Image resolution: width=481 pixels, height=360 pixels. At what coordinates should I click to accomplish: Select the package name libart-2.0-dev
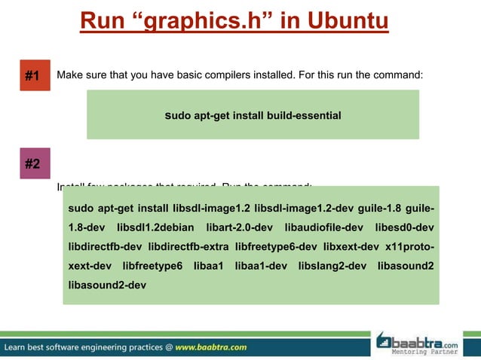pos(239,227)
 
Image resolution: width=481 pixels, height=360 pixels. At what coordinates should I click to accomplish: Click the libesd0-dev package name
pos(405,227)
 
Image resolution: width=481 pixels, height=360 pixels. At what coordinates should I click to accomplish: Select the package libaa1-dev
pos(261,266)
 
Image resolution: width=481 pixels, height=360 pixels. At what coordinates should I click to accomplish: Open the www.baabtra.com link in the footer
pos(212,348)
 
